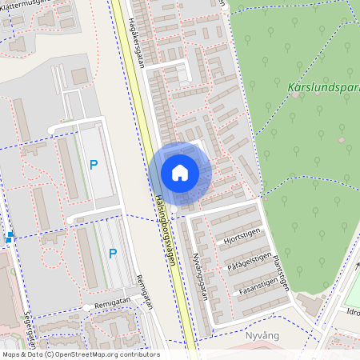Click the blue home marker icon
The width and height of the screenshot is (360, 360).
click(180, 172)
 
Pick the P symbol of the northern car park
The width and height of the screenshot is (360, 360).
click(94, 166)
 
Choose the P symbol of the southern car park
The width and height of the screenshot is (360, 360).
click(113, 254)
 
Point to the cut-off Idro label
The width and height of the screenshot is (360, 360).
click(351, 313)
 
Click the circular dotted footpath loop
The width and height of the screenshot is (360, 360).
click(50, 258)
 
